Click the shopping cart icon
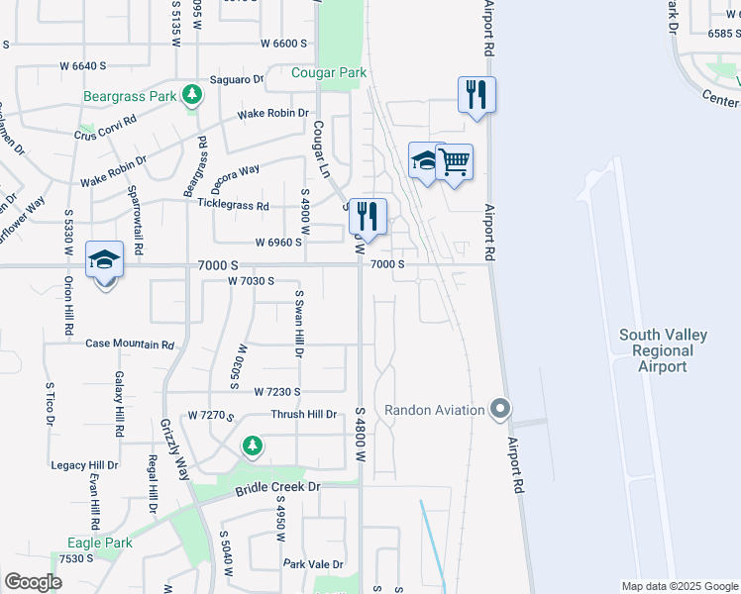[454, 161]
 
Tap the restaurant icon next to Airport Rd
[476, 95]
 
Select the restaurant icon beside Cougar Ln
[368, 216]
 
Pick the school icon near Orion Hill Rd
[104, 259]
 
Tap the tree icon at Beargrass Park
[192, 96]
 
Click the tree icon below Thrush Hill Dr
[253, 446]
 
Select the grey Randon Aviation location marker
[501, 409]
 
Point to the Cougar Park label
[329, 72]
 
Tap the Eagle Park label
[100, 543]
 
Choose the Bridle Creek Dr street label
[278, 488]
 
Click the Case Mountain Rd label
[130, 345]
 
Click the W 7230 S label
[276, 392]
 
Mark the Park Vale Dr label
[313, 564]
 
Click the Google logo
[33, 581]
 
